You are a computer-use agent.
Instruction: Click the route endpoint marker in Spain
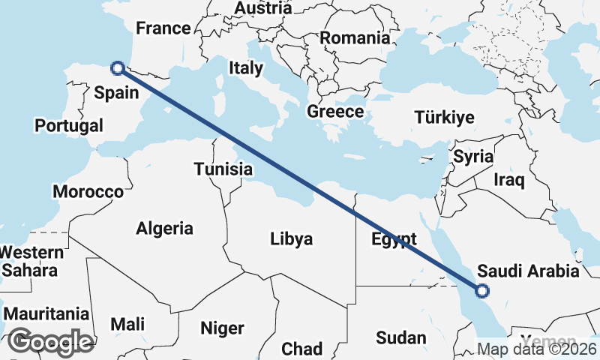pyautogui.click(x=117, y=68)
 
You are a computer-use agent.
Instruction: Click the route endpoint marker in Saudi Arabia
pyautogui.click(x=482, y=291)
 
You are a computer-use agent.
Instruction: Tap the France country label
pyautogui.click(x=163, y=28)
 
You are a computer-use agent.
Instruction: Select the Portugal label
pyautogui.click(x=69, y=125)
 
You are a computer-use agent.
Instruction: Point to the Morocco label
pyautogui.click(x=88, y=192)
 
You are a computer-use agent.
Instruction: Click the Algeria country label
pyautogui.click(x=165, y=229)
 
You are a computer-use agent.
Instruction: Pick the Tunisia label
pyautogui.click(x=223, y=169)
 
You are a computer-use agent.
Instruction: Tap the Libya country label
pyautogui.click(x=291, y=239)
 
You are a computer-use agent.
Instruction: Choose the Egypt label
pyautogui.click(x=394, y=240)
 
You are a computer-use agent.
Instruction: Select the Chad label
pyautogui.click(x=301, y=349)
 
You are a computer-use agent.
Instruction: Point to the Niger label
pyautogui.click(x=222, y=328)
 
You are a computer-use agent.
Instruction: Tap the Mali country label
pyautogui.click(x=127, y=324)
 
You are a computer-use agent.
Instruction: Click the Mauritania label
pyautogui.click(x=46, y=313)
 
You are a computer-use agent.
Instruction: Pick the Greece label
pyautogui.click(x=335, y=112)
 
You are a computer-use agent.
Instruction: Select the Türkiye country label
pyautogui.click(x=445, y=118)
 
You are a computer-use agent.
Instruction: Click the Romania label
pyautogui.click(x=355, y=37)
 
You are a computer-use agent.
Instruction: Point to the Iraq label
pyautogui.click(x=509, y=180)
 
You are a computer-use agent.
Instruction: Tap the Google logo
pyautogui.click(x=50, y=342)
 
